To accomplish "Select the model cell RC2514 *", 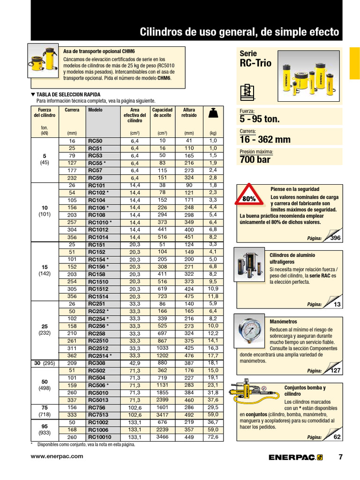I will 100,356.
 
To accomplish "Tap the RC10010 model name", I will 99,437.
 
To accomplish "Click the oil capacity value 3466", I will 162,437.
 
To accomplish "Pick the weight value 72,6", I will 213,437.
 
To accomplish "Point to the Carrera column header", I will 72,110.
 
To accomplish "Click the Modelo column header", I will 95,110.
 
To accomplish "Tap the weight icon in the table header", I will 213,113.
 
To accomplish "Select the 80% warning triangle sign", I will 249,199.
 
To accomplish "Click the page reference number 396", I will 335,238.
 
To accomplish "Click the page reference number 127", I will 335,371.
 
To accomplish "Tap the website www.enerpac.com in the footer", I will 57,456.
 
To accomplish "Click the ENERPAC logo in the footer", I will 295,457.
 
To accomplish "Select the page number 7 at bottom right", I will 340,457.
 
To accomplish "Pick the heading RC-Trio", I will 255,63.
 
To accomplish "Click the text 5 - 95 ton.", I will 260,119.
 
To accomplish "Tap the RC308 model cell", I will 97,363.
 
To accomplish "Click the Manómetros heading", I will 284,322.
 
